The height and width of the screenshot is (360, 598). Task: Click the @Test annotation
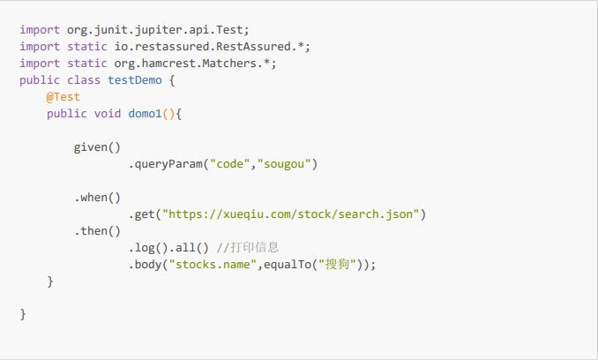64,97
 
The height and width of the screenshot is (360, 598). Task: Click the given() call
97,147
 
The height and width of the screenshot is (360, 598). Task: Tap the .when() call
97,198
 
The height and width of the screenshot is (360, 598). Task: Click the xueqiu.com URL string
294,214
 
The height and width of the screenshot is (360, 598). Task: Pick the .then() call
97,231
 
